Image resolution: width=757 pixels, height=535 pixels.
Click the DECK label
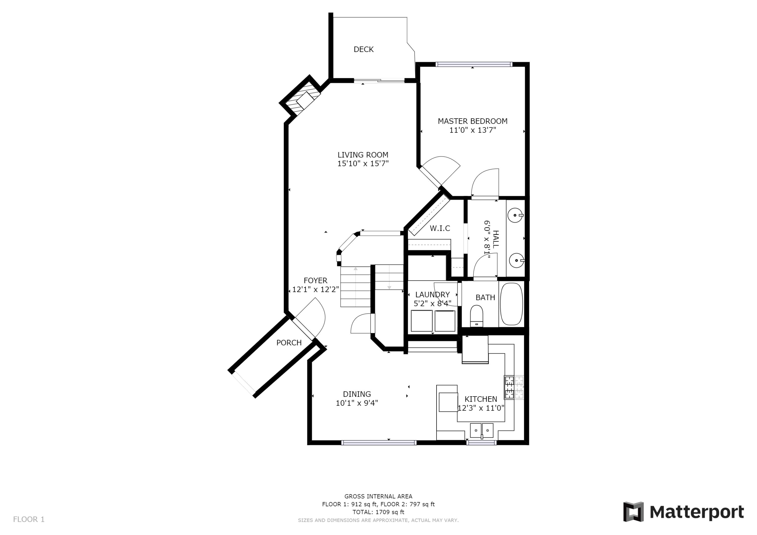(x=363, y=49)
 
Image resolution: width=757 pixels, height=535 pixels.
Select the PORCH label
(x=289, y=343)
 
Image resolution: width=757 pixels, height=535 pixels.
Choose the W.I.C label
(x=440, y=229)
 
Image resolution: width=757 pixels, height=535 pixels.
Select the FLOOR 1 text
(x=29, y=520)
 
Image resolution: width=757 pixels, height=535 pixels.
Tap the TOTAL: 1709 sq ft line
(x=378, y=512)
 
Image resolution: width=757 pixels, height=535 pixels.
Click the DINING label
(x=357, y=394)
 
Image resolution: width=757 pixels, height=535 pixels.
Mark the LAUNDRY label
(x=432, y=294)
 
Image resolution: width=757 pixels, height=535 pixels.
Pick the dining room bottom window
(x=379, y=443)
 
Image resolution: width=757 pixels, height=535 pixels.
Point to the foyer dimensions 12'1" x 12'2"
(x=315, y=289)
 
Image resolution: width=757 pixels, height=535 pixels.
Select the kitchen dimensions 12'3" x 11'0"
(x=481, y=408)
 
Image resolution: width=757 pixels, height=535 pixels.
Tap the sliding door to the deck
(x=379, y=80)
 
